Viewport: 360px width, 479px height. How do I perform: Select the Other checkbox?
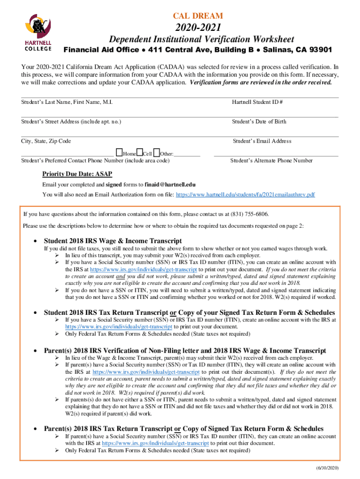coord(157,152)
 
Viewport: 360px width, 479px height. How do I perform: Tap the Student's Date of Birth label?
coord(259,122)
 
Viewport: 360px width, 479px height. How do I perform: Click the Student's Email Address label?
coord(262,141)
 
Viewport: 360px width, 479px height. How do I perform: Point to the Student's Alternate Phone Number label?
coord(271,160)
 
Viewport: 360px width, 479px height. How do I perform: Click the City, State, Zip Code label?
coord(46,141)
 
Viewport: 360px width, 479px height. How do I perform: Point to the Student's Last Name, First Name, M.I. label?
coord(67,102)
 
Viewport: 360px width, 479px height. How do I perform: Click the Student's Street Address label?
coord(71,122)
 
